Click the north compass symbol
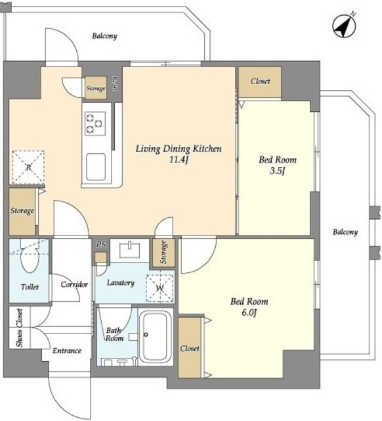[x=344, y=26]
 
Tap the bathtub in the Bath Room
[x=157, y=337]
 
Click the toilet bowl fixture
[x=30, y=259]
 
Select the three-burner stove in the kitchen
[x=95, y=124]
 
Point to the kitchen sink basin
[x=96, y=166]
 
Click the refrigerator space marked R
[x=28, y=168]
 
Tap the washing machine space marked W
[x=159, y=288]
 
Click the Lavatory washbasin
[x=130, y=250]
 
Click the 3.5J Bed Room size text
[x=277, y=171]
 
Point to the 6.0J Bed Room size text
[x=249, y=313]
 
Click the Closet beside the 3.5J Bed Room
[x=260, y=82]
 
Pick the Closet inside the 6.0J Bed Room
[x=190, y=348]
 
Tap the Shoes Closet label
[x=19, y=328]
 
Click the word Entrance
[x=67, y=351]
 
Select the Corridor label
[x=74, y=284]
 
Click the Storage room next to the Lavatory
[x=163, y=253]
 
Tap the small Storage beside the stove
[x=96, y=87]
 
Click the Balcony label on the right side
[x=345, y=232]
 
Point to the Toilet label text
[x=30, y=287]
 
